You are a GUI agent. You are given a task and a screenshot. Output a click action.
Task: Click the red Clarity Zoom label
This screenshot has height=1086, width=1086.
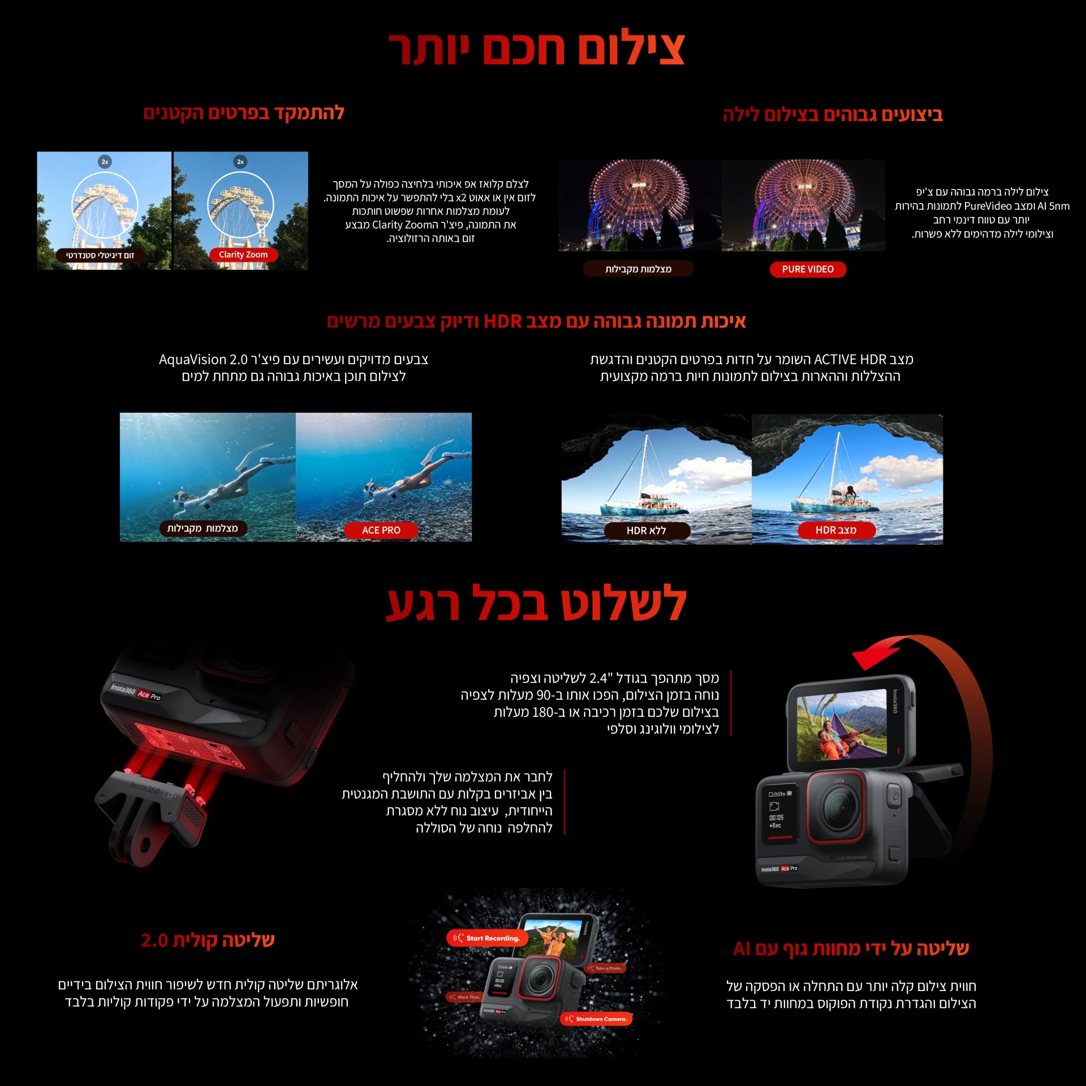pos(243,255)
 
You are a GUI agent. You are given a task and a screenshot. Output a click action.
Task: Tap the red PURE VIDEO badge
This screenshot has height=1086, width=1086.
pos(808,269)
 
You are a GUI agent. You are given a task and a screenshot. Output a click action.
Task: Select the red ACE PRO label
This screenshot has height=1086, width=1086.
pos(381,530)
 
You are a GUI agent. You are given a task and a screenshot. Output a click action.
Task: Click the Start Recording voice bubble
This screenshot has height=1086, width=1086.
pos(488,938)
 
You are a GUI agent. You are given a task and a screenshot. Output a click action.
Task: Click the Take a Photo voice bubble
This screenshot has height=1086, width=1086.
pos(607,968)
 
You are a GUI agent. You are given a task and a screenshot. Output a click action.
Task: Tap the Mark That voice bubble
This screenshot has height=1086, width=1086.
pos(464,997)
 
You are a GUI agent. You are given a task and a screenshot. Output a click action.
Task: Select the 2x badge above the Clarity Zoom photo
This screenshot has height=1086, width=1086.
pos(240,162)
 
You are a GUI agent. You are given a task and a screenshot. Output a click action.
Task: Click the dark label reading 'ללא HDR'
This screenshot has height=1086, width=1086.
pos(647,531)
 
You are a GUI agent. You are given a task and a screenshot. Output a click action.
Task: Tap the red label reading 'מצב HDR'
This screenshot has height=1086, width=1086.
pos(836,530)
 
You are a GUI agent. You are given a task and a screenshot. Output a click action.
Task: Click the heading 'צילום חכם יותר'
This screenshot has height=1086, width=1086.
pos(537,49)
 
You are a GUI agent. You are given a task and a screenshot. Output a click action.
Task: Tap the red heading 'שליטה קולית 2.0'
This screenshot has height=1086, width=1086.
pos(208,940)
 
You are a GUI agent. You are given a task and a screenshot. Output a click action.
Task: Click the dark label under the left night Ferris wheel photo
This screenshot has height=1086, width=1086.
pos(638,269)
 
